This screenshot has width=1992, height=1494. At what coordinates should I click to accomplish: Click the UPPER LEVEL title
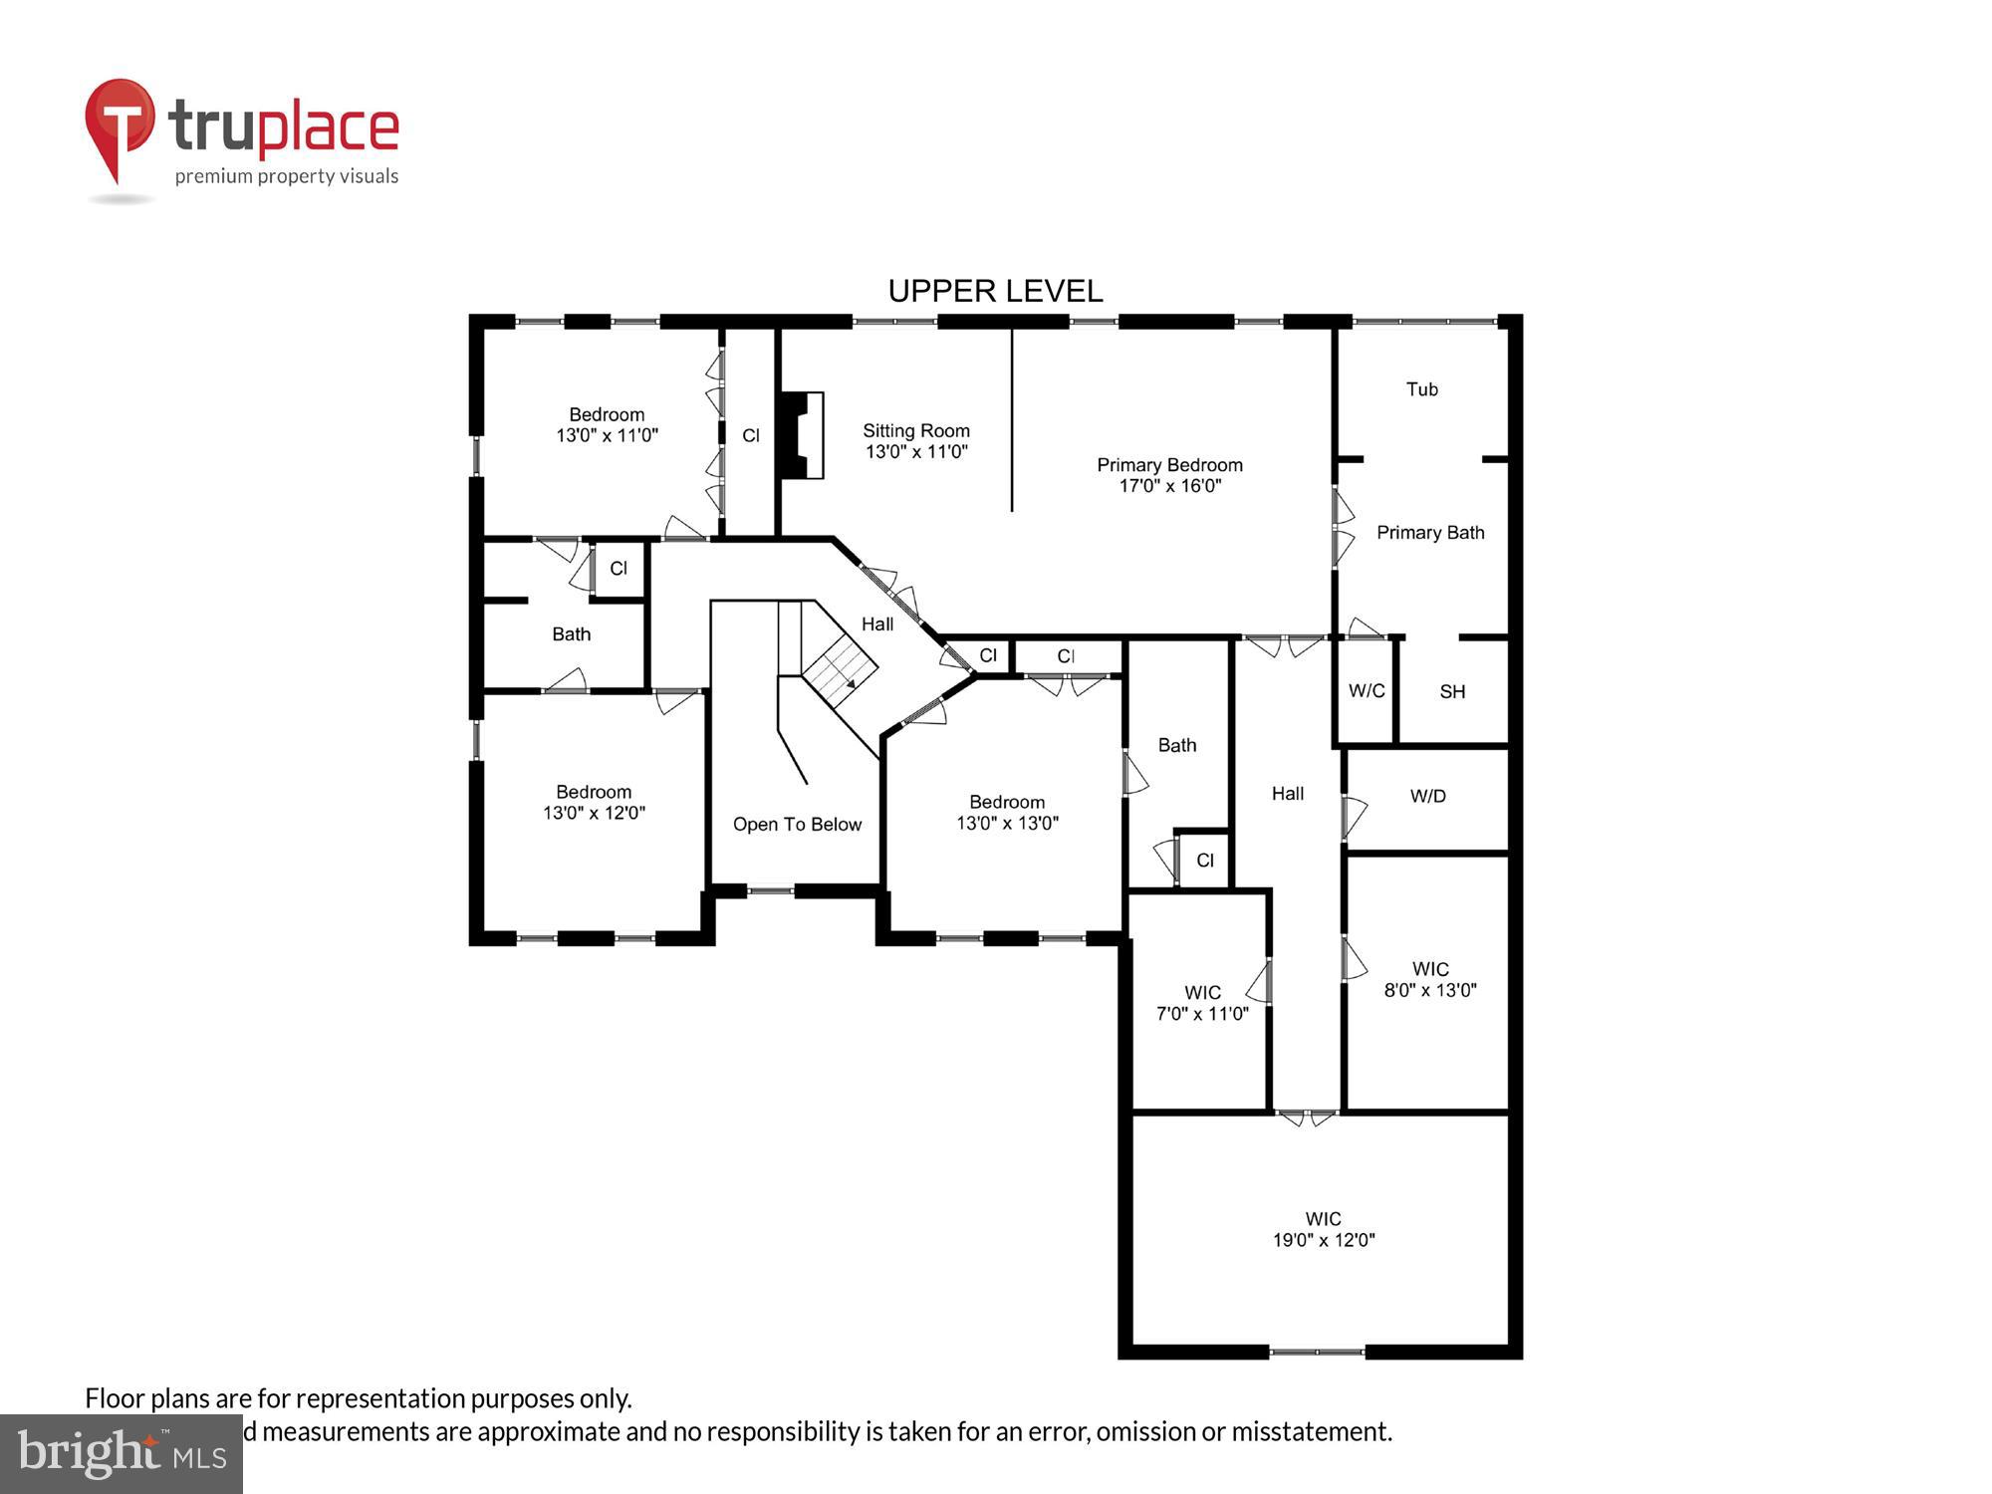coord(995,291)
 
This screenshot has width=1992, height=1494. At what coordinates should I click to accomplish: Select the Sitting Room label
coord(915,431)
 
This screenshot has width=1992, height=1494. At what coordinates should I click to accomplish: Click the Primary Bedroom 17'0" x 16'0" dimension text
coord(1169,486)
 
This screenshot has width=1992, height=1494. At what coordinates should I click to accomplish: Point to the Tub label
coord(1421,389)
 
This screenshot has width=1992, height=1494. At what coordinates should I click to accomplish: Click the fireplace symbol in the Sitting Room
coord(802,435)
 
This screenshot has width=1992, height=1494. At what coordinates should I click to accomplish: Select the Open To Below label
coord(797,825)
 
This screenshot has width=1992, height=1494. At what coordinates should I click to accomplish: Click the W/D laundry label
coord(1427,796)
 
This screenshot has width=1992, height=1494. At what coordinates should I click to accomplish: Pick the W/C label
coord(1366,691)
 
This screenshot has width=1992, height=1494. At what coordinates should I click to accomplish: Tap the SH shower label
coord(1452,691)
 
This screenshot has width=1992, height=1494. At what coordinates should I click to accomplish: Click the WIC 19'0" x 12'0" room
coord(1323,1230)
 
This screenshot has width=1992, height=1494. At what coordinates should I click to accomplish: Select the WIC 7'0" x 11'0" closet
coord(1201,1003)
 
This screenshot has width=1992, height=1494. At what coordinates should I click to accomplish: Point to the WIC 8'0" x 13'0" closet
coord(1429,979)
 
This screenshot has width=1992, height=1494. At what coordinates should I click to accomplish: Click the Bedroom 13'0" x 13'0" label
coord(1006,813)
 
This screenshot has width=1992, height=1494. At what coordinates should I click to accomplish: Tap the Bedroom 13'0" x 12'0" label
coord(594,803)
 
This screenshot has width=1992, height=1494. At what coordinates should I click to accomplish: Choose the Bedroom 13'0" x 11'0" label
coord(607,425)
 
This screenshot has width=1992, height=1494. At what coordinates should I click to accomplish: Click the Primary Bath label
coord(1429,533)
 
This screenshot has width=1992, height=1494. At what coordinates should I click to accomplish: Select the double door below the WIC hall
coord(1306,1118)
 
